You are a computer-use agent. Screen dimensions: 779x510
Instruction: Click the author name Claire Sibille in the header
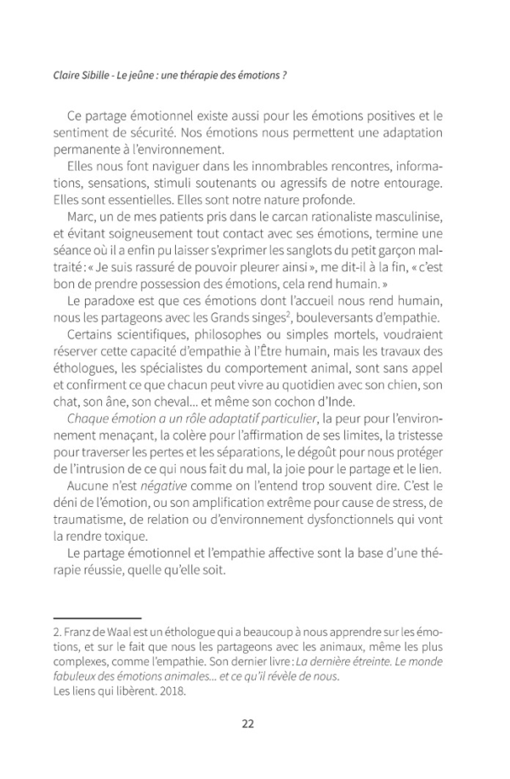81,75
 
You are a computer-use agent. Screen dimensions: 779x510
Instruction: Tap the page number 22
248,724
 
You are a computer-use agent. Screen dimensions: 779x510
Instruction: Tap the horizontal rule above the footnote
97,617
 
